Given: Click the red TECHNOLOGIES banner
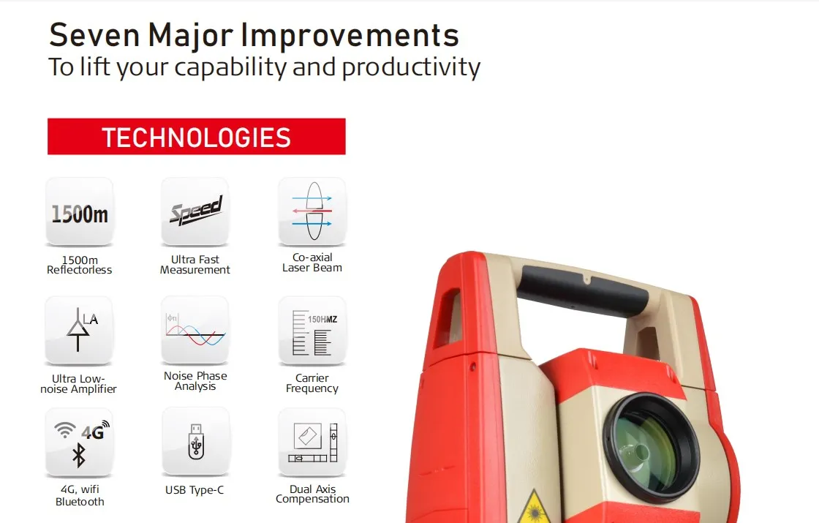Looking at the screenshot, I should tap(196, 137).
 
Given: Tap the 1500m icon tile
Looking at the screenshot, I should tap(80, 212).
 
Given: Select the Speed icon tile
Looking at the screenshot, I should tap(195, 211).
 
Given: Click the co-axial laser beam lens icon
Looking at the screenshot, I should tap(312, 211).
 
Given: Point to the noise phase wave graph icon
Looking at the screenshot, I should tap(195, 330).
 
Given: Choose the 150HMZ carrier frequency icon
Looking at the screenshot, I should tap(312, 331).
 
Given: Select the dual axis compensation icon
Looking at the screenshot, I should tap(312, 443).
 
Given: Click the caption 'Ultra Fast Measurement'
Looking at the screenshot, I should tap(195, 265).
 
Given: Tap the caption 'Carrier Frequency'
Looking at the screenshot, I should tap(312, 383).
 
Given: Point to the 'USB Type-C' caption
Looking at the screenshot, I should tap(195, 490).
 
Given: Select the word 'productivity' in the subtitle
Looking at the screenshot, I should tap(411, 67).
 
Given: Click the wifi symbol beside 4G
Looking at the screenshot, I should tap(65, 429).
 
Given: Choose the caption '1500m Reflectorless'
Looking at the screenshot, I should tap(80, 265).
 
